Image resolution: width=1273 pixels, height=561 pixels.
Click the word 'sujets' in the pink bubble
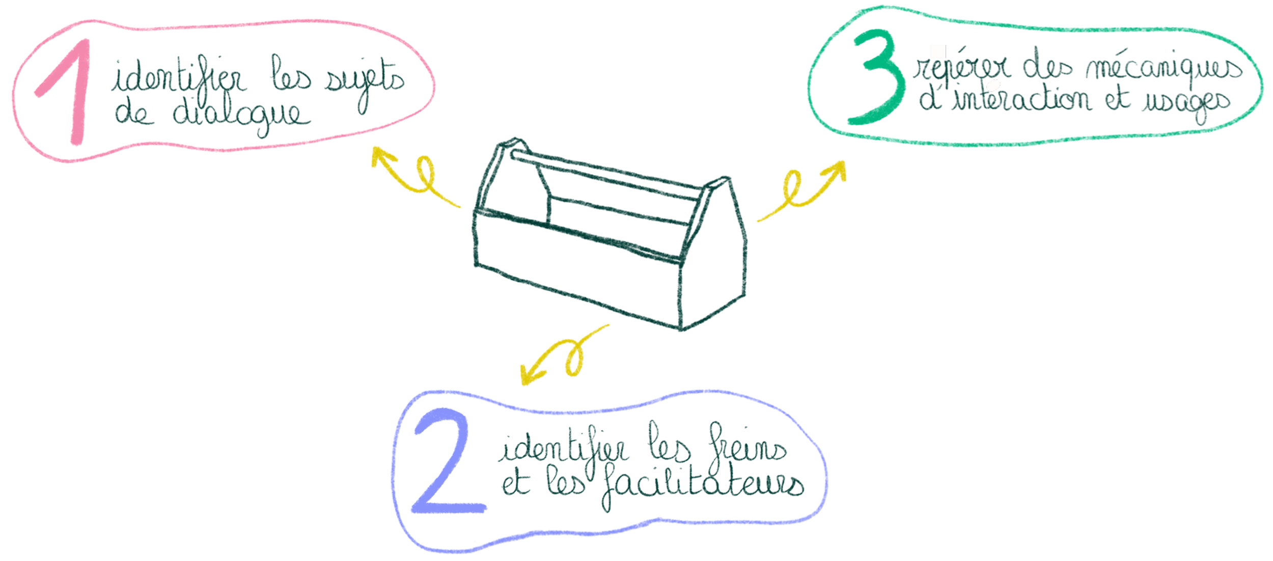tap(365, 82)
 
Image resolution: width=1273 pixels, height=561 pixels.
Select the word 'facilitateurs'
tap(703, 484)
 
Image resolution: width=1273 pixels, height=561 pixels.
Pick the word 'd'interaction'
tap(1006, 99)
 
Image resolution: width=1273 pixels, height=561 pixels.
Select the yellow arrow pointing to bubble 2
tap(560, 357)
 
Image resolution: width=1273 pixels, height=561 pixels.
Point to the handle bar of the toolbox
tap(606, 171)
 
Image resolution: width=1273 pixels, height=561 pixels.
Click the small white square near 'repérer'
tap(938, 51)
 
